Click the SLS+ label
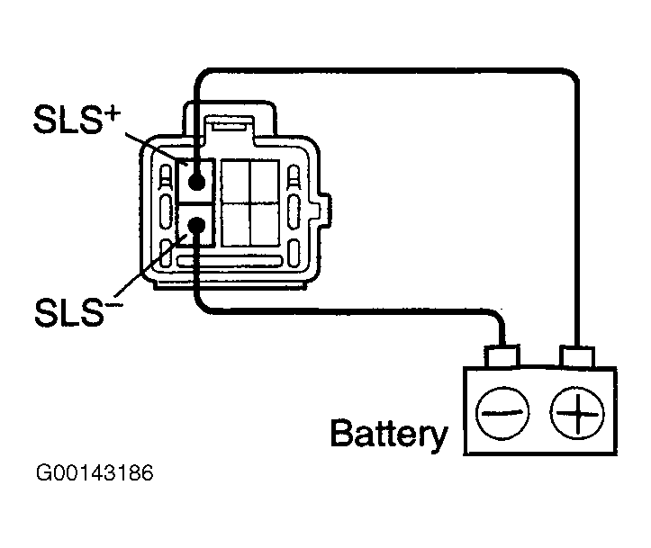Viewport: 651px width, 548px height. (x=77, y=119)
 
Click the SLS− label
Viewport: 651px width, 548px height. (x=79, y=312)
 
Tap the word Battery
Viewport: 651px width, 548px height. (x=389, y=434)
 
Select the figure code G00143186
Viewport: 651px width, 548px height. (x=95, y=473)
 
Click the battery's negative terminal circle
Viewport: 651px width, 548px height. (x=502, y=413)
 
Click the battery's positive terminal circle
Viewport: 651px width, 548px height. (x=577, y=413)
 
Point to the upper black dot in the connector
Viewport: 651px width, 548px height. (x=197, y=181)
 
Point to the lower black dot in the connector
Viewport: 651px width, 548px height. (x=197, y=226)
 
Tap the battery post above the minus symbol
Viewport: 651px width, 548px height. (x=502, y=356)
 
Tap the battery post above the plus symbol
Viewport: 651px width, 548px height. (x=577, y=356)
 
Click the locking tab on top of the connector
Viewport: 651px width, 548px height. (x=230, y=122)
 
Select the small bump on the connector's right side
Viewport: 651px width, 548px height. (x=325, y=211)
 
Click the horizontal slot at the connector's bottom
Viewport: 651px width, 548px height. (x=230, y=261)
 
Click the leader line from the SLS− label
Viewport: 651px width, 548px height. (x=150, y=266)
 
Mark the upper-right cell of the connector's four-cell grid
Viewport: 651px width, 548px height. (x=265, y=182)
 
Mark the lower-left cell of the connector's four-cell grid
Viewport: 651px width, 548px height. (x=236, y=225)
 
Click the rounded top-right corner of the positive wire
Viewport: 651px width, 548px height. (x=572, y=76)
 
